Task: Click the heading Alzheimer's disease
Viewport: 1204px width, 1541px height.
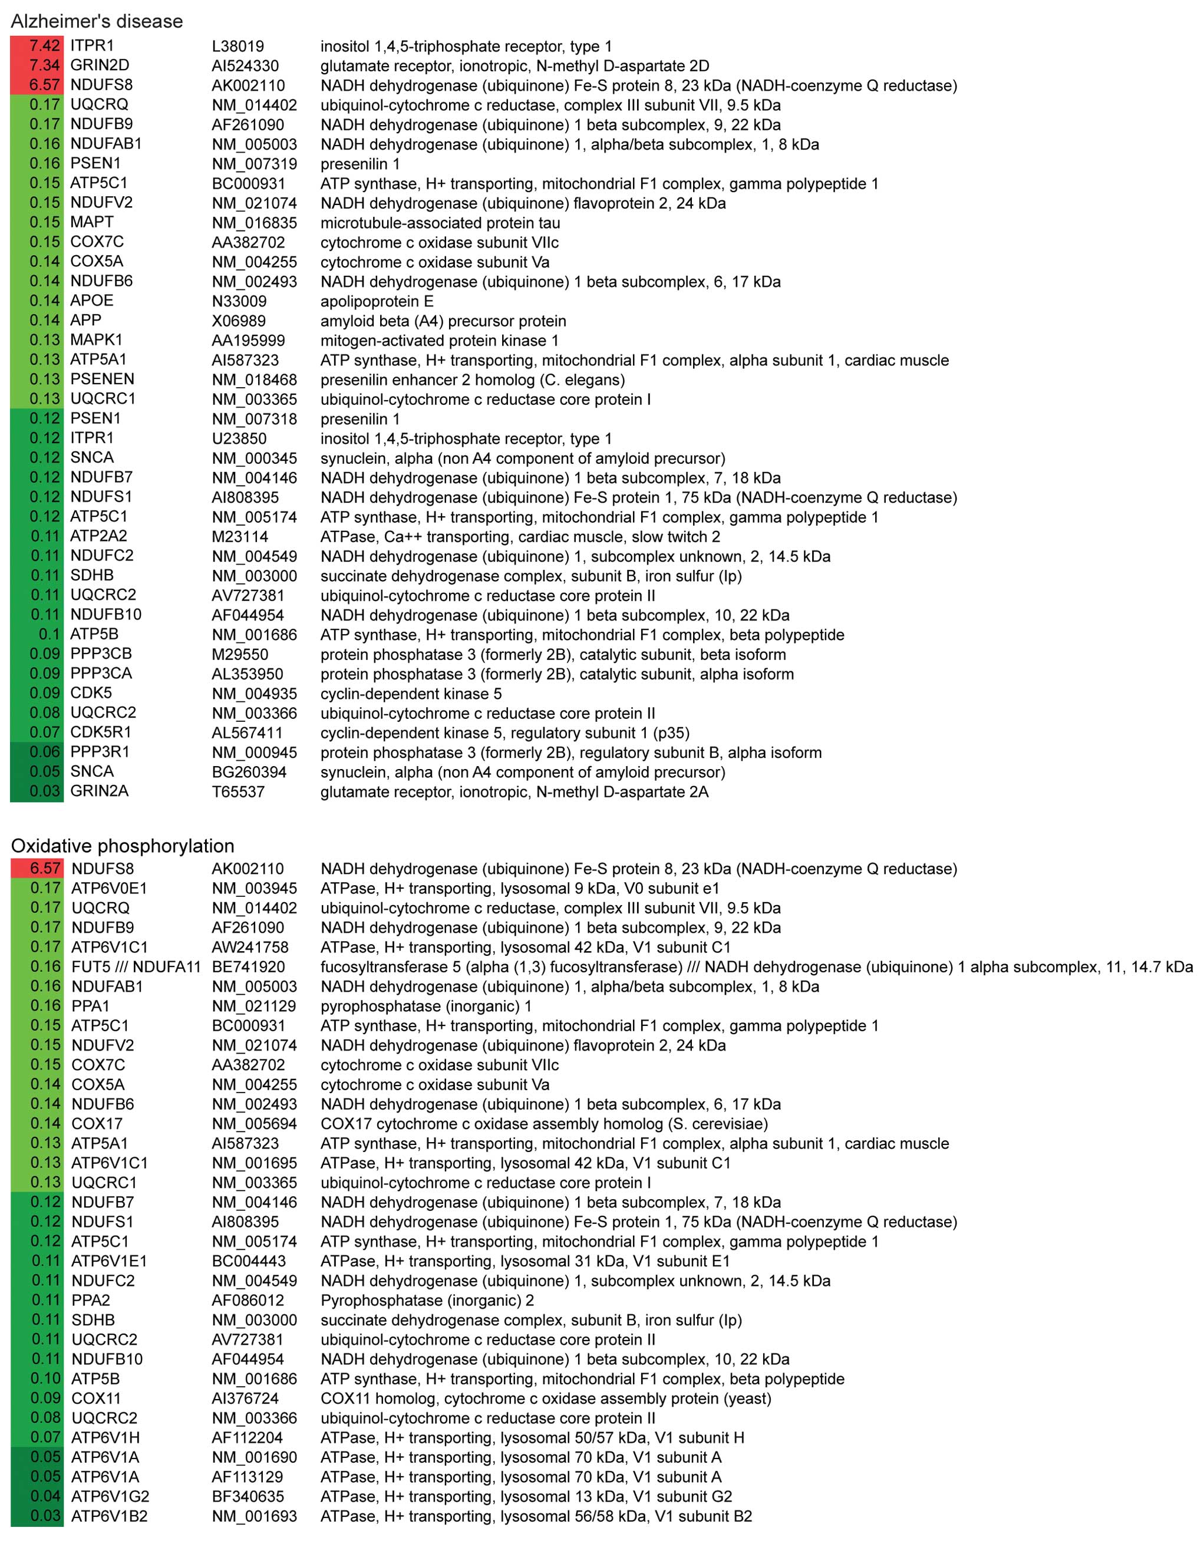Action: pos(97,21)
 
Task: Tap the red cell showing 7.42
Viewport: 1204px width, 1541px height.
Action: pos(37,46)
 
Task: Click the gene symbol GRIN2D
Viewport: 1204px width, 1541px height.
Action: pos(100,65)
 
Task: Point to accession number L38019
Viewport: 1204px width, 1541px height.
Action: pos(238,46)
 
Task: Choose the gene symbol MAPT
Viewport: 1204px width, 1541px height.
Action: pos(92,222)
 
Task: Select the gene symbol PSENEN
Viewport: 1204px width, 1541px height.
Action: pos(103,379)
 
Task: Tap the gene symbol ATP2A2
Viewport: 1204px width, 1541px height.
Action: pos(99,536)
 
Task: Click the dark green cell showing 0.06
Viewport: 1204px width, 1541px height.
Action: pos(37,752)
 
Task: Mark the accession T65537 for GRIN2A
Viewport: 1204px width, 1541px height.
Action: pos(238,791)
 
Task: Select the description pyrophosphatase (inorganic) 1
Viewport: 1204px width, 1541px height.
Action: pos(426,1006)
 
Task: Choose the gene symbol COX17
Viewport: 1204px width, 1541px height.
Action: pos(97,1124)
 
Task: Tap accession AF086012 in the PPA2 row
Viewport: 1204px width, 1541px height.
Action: pos(248,1301)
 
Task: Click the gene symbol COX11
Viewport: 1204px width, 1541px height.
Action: pos(96,1398)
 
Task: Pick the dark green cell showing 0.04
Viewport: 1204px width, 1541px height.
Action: pos(37,1497)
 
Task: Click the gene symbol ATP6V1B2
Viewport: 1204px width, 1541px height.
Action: pos(110,1516)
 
